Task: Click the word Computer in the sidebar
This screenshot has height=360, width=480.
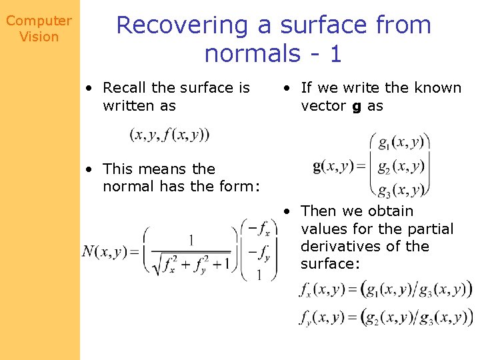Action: tap(39, 21)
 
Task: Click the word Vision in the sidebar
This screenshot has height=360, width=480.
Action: tap(39, 37)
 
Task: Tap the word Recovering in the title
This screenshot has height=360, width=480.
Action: tap(182, 25)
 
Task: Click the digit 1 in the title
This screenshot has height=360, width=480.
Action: tap(335, 53)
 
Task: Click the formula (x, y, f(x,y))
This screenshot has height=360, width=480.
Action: tap(169, 135)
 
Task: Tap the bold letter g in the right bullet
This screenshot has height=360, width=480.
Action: tap(357, 106)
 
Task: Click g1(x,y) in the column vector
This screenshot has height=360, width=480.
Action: tap(399, 142)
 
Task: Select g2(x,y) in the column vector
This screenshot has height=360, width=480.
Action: tap(399, 166)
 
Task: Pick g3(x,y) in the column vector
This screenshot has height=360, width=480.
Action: tap(399, 191)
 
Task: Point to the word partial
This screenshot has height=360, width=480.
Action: tap(430, 229)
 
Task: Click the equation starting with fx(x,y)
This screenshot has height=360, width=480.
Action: tap(385, 289)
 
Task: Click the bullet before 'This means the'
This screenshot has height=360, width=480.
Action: tap(88, 169)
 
